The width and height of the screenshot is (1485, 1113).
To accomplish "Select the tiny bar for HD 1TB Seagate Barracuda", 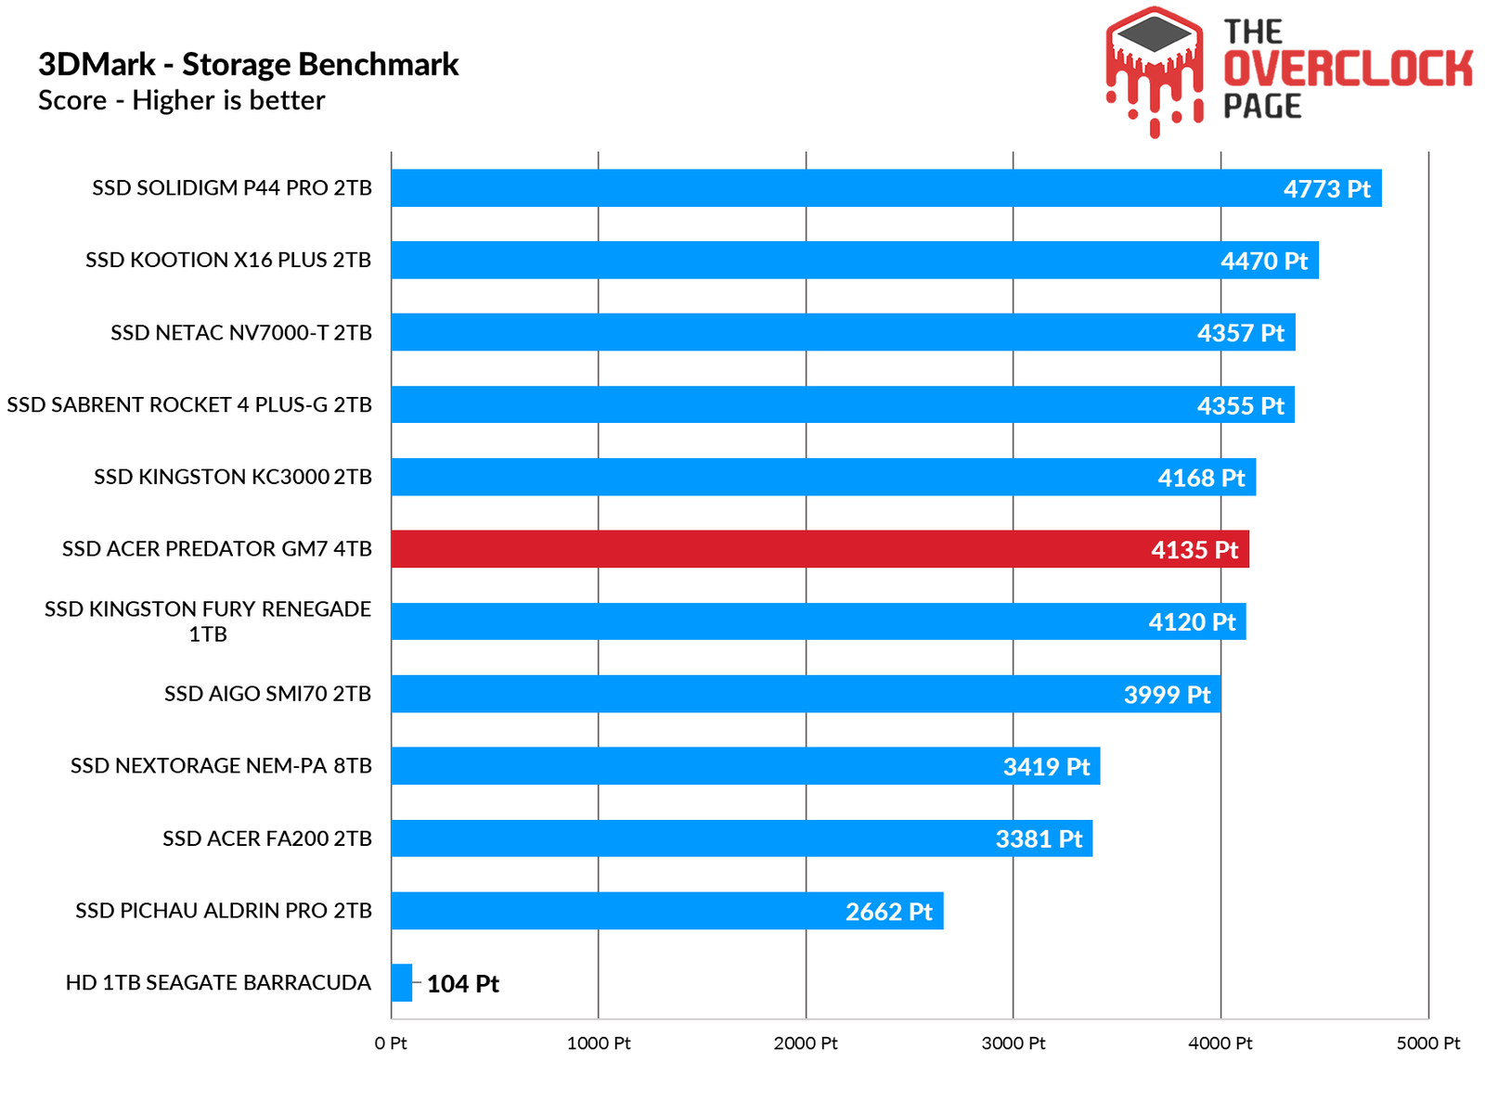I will tap(401, 982).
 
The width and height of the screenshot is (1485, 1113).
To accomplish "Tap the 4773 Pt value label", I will tap(1326, 189).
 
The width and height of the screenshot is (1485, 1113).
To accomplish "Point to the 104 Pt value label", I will tap(462, 984).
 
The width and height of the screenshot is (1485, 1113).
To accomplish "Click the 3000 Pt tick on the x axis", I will tap(1013, 1043).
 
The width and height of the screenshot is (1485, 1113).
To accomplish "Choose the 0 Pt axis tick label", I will tap(391, 1043).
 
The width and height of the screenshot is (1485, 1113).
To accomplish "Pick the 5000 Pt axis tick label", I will tap(1427, 1043).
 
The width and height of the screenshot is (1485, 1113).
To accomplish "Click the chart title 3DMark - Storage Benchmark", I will tap(248, 64).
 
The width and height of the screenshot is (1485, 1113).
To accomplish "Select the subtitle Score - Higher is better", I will tap(181, 100).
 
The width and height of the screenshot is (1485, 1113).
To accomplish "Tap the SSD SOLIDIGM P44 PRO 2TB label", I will tap(232, 188).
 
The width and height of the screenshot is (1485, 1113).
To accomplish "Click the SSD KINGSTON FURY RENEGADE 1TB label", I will tap(208, 621).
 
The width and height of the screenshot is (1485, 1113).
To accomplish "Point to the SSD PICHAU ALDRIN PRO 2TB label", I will tap(224, 911).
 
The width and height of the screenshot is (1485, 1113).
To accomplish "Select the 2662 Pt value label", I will tap(888, 912).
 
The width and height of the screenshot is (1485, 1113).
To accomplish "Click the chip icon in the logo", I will tap(1154, 34).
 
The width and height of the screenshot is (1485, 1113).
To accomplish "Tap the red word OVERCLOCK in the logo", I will tap(1348, 70).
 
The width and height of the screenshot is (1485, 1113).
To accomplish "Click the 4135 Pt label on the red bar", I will tap(1194, 550).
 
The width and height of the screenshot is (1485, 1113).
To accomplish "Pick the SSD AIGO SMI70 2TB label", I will tap(267, 694).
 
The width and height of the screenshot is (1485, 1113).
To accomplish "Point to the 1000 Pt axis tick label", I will tap(599, 1043).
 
